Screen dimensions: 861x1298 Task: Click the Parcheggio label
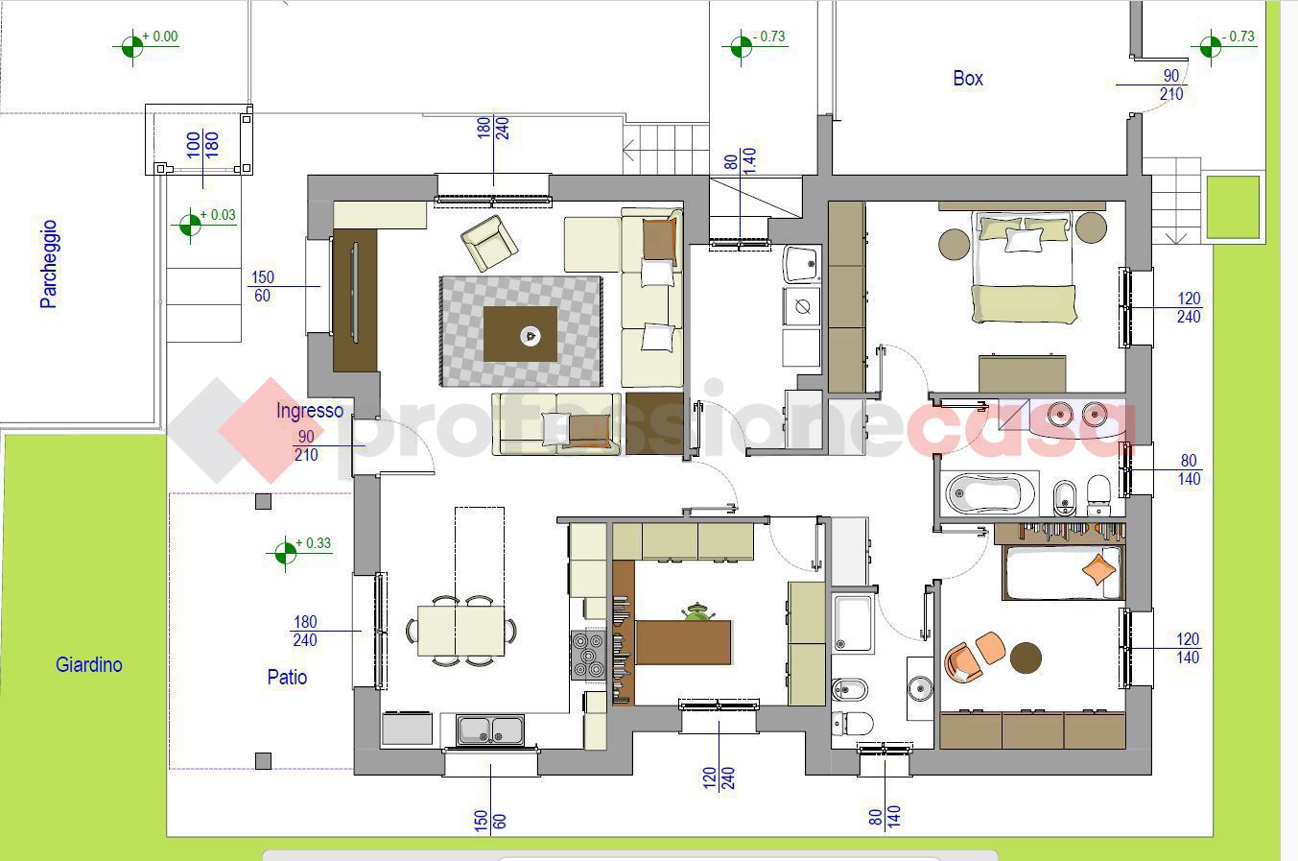49,264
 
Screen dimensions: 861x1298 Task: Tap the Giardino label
88,664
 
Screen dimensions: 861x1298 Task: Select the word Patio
287,677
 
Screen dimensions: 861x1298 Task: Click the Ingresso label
309,410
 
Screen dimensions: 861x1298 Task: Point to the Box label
968,79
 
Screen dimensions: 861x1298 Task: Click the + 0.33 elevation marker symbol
285,553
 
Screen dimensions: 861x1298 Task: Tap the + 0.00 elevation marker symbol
131,45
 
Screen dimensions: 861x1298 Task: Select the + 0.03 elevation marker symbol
189,225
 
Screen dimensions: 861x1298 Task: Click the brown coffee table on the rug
520,334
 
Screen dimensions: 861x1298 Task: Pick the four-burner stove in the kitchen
588,655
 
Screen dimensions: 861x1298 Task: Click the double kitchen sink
490,730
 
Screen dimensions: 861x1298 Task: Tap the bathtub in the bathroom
989,494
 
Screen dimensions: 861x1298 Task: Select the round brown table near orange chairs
1026,658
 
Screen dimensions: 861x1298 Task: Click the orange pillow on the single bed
1099,569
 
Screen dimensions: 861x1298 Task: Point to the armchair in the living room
488,243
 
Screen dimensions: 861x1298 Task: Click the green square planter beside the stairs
1233,206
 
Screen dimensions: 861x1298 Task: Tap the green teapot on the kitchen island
696,611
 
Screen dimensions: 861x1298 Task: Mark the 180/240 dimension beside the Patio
306,631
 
